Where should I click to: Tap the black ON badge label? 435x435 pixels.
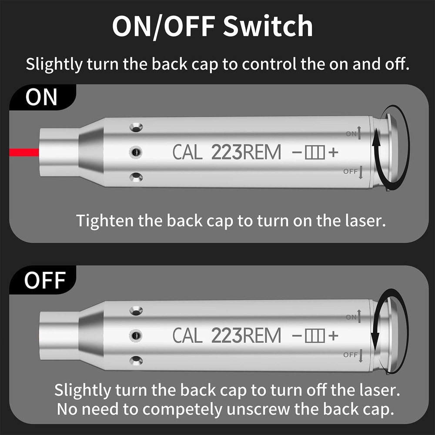click(42, 97)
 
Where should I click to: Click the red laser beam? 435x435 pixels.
click(24, 152)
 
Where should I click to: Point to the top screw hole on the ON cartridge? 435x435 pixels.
click(136, 127)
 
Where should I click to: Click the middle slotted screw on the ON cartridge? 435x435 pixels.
click(136, 152)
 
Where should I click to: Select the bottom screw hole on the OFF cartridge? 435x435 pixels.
click(136, 360)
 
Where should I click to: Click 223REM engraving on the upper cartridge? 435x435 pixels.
click(246, 152)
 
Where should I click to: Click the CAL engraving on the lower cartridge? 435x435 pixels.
click(187, 335)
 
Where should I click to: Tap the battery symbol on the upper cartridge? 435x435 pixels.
click(315, 152)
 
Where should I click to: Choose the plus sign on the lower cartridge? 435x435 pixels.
click(333, 335)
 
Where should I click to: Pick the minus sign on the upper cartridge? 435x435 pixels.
click(297, 152)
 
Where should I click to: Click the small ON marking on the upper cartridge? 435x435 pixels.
click(351, 134)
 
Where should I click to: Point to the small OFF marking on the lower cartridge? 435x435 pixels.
click(350, 355)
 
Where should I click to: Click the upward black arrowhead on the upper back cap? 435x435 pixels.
click(376, 139)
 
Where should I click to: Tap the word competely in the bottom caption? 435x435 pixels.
click(182, 409)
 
